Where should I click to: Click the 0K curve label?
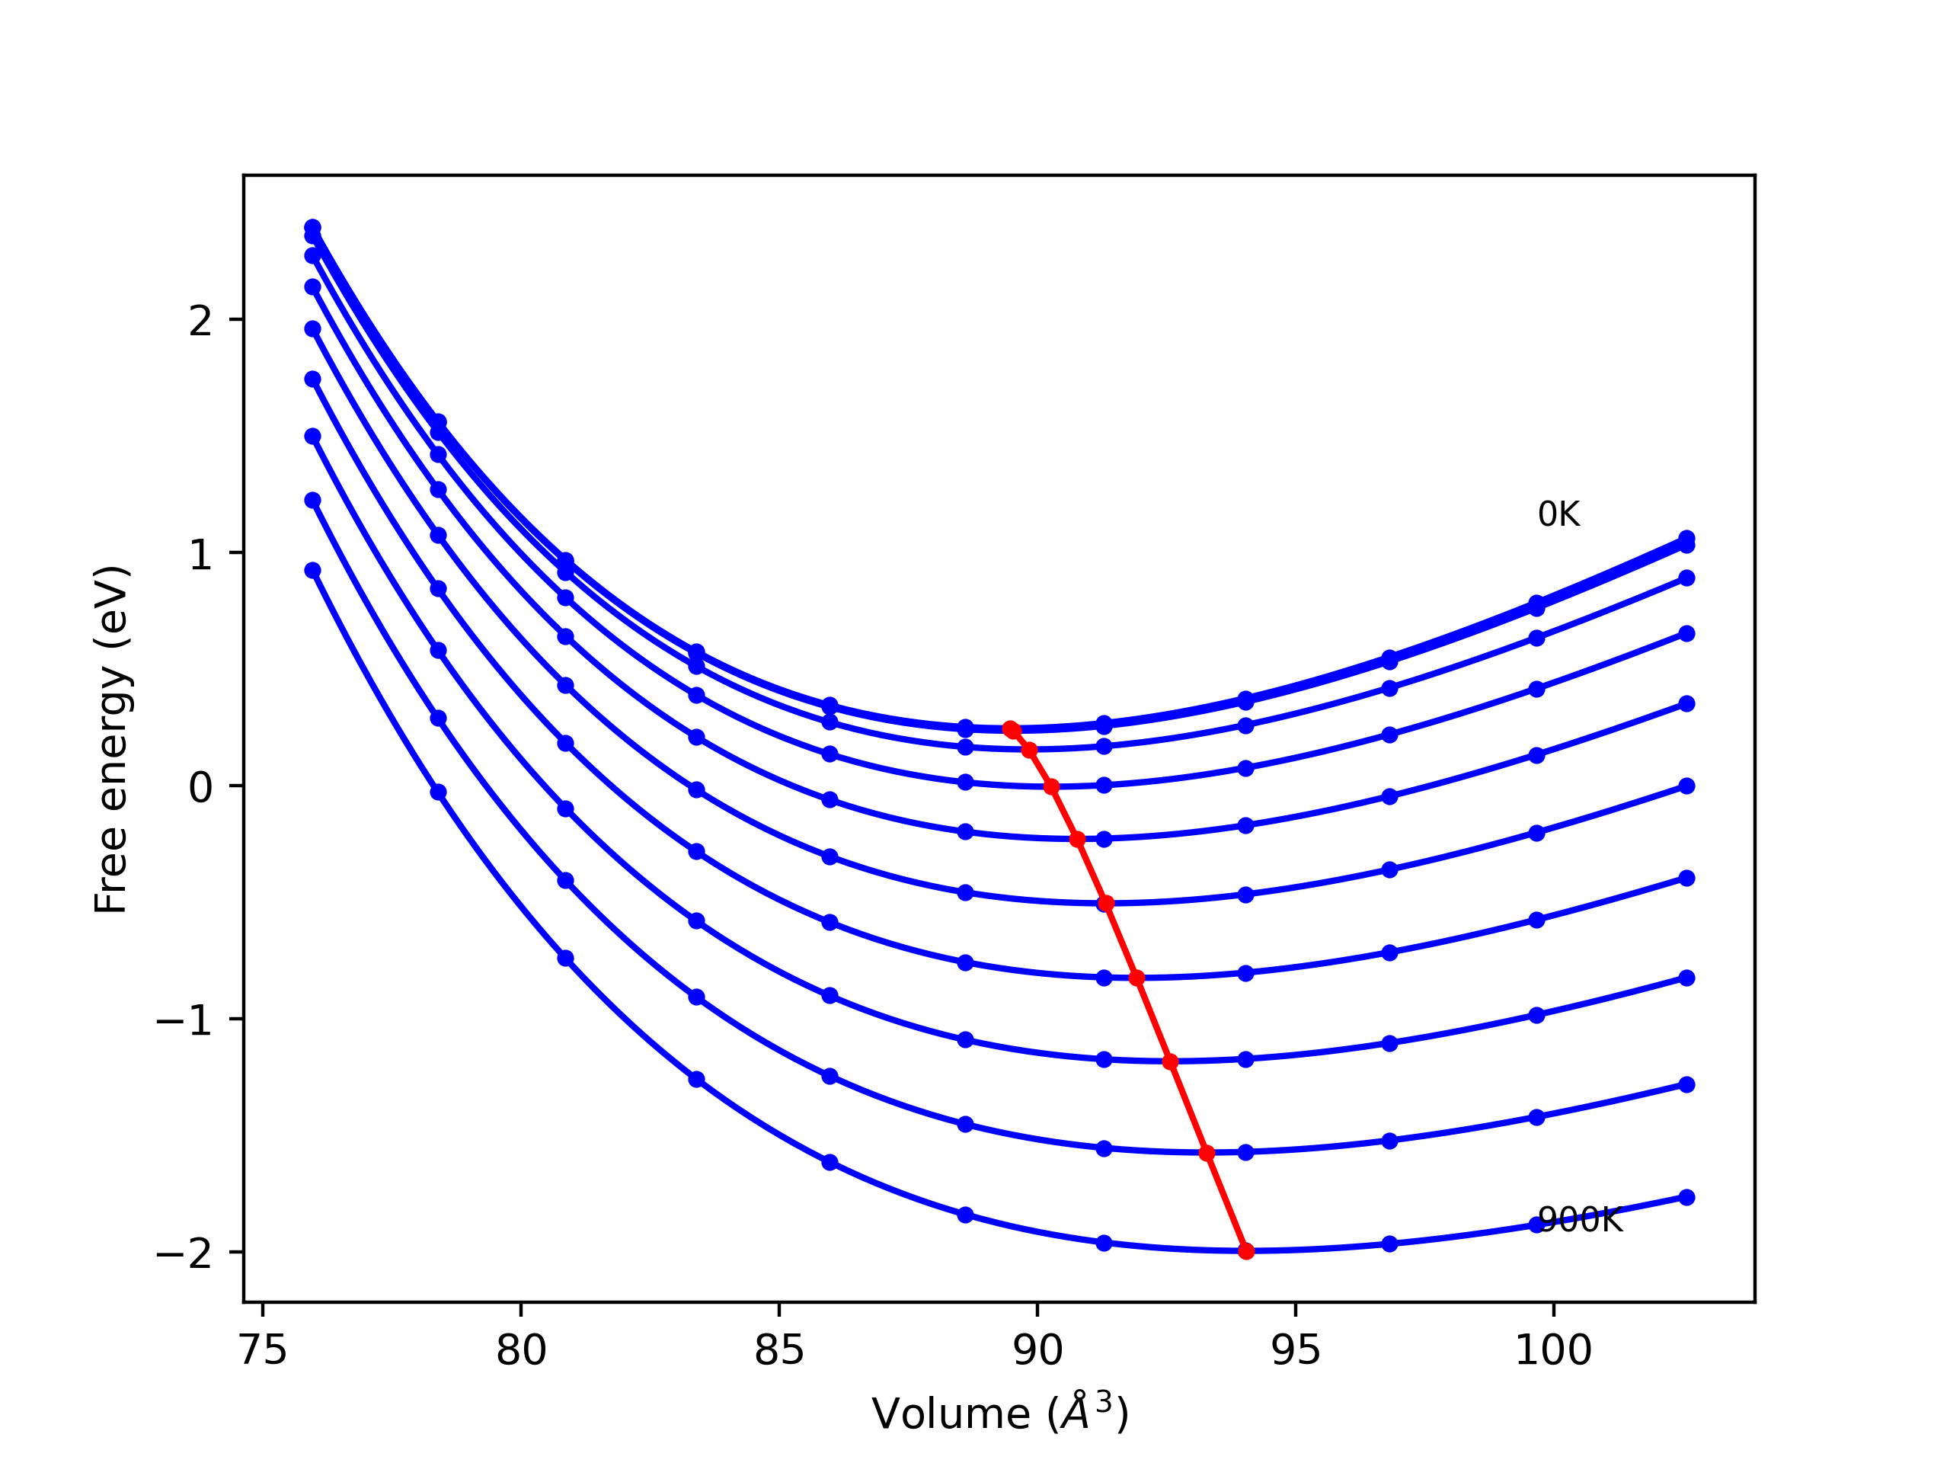[1558, 515]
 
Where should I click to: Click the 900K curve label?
[1580, 1221]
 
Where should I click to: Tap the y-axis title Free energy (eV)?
[112, 739]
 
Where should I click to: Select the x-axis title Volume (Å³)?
[999, 1413]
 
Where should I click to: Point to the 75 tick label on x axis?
[263, 1350]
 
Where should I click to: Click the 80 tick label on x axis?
[521, 1350]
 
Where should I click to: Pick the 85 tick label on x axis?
[779, 1350]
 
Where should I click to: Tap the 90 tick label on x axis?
[1037, 1350]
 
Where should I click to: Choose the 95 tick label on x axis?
[1296, 1350]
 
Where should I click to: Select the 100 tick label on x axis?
[1553, 1350]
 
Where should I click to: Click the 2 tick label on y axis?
[201, 320]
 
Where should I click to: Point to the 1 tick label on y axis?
[201, 554]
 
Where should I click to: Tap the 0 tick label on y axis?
[201, 786]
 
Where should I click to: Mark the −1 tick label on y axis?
[185, 1020]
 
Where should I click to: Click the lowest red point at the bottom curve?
[1245, 1251]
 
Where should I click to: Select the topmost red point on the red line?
[1011, 729]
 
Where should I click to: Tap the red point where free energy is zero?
[1051, 786]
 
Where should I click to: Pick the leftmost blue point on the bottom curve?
[313, 571]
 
